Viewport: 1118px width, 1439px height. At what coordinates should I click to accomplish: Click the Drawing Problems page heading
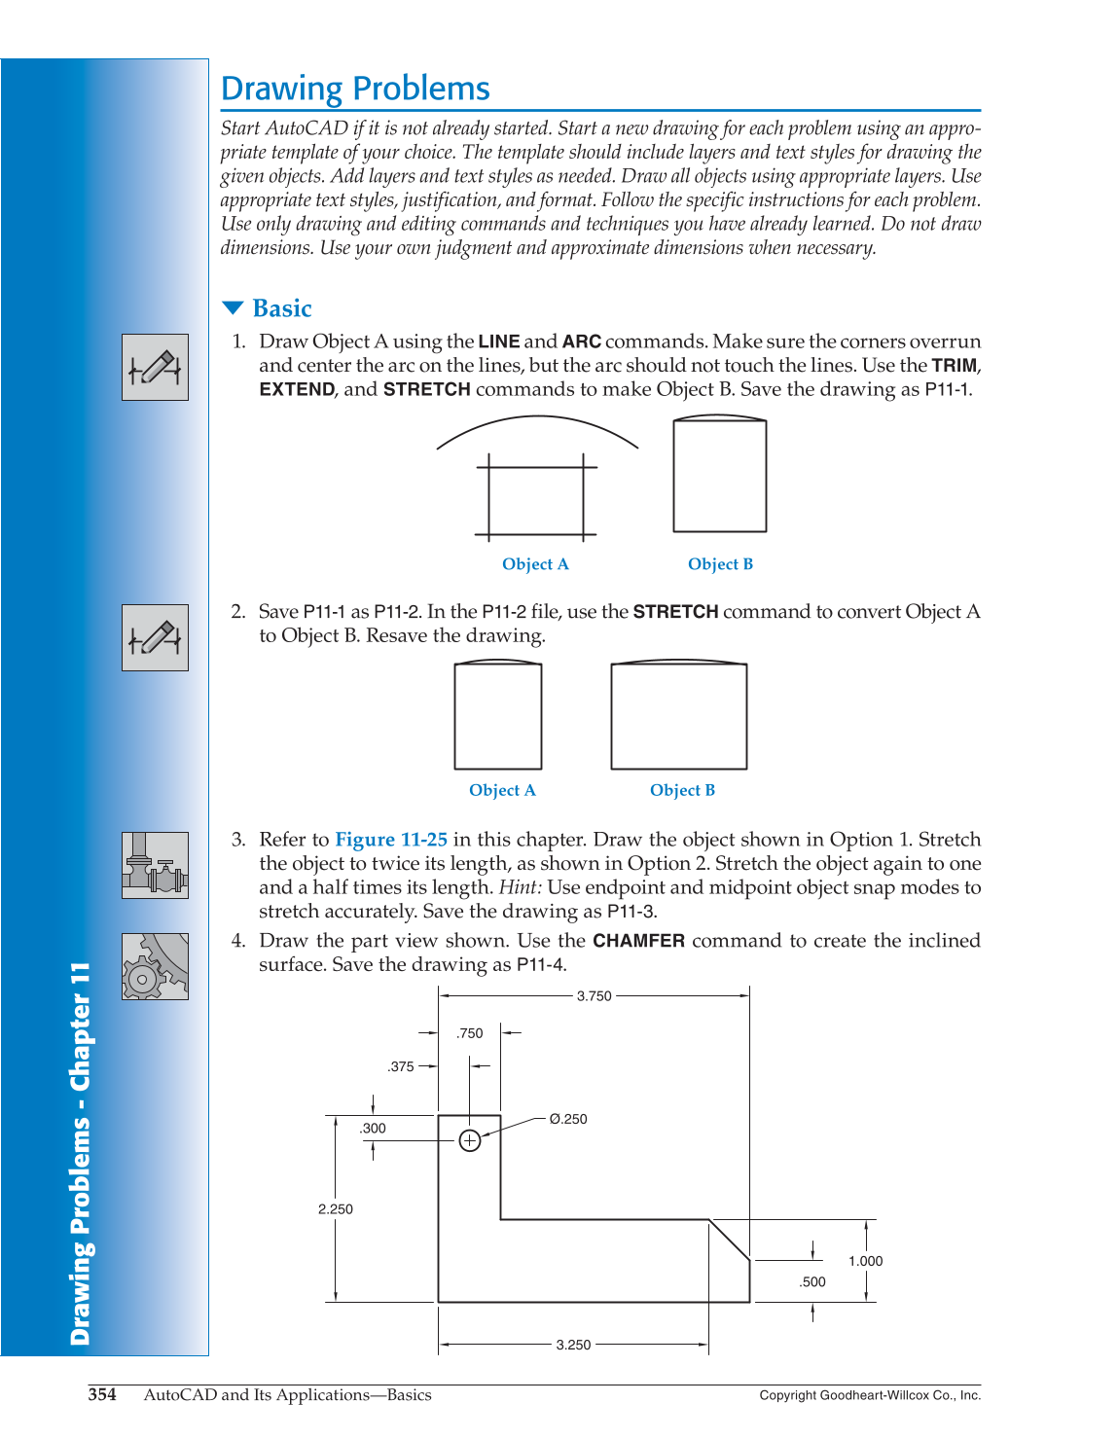click(355, 89)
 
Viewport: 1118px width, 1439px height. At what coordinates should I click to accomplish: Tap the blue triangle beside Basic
click(233, 308)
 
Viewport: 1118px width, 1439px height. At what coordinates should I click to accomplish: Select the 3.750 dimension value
click(594, 996)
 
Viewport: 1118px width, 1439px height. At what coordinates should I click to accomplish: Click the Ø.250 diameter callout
click(568, 1119)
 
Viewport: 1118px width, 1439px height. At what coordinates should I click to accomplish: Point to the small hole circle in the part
click(470, 1140)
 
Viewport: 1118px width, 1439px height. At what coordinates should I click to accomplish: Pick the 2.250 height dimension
click(336, 1209)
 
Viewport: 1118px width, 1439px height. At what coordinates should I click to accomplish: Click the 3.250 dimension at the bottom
click(573, 1345)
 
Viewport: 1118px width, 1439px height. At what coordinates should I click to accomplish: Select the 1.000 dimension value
click(865, 1261)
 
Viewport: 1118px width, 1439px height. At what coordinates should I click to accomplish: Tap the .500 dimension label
click(812, 1282)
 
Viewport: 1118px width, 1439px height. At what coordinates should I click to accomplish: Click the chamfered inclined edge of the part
click(730, 1241)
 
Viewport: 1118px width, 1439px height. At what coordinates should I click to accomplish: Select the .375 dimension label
click(401, 1066)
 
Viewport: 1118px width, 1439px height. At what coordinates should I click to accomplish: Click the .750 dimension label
click(470, 1033)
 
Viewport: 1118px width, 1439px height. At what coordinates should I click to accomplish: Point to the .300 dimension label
click(373, 1129)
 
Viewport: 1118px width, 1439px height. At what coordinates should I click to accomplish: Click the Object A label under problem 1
click(535, 564)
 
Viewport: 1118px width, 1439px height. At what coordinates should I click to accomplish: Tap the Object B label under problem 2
click(682, 790)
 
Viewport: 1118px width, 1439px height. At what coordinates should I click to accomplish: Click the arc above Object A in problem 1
click(537, 418)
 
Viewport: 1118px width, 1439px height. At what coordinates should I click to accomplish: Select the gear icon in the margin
click(155, 967)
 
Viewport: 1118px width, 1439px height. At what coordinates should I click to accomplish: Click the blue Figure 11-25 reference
click(391, 840)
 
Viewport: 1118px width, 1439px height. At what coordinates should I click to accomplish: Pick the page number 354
click(102, 1394)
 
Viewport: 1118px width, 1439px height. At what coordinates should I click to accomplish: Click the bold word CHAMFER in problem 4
click(638, 941)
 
